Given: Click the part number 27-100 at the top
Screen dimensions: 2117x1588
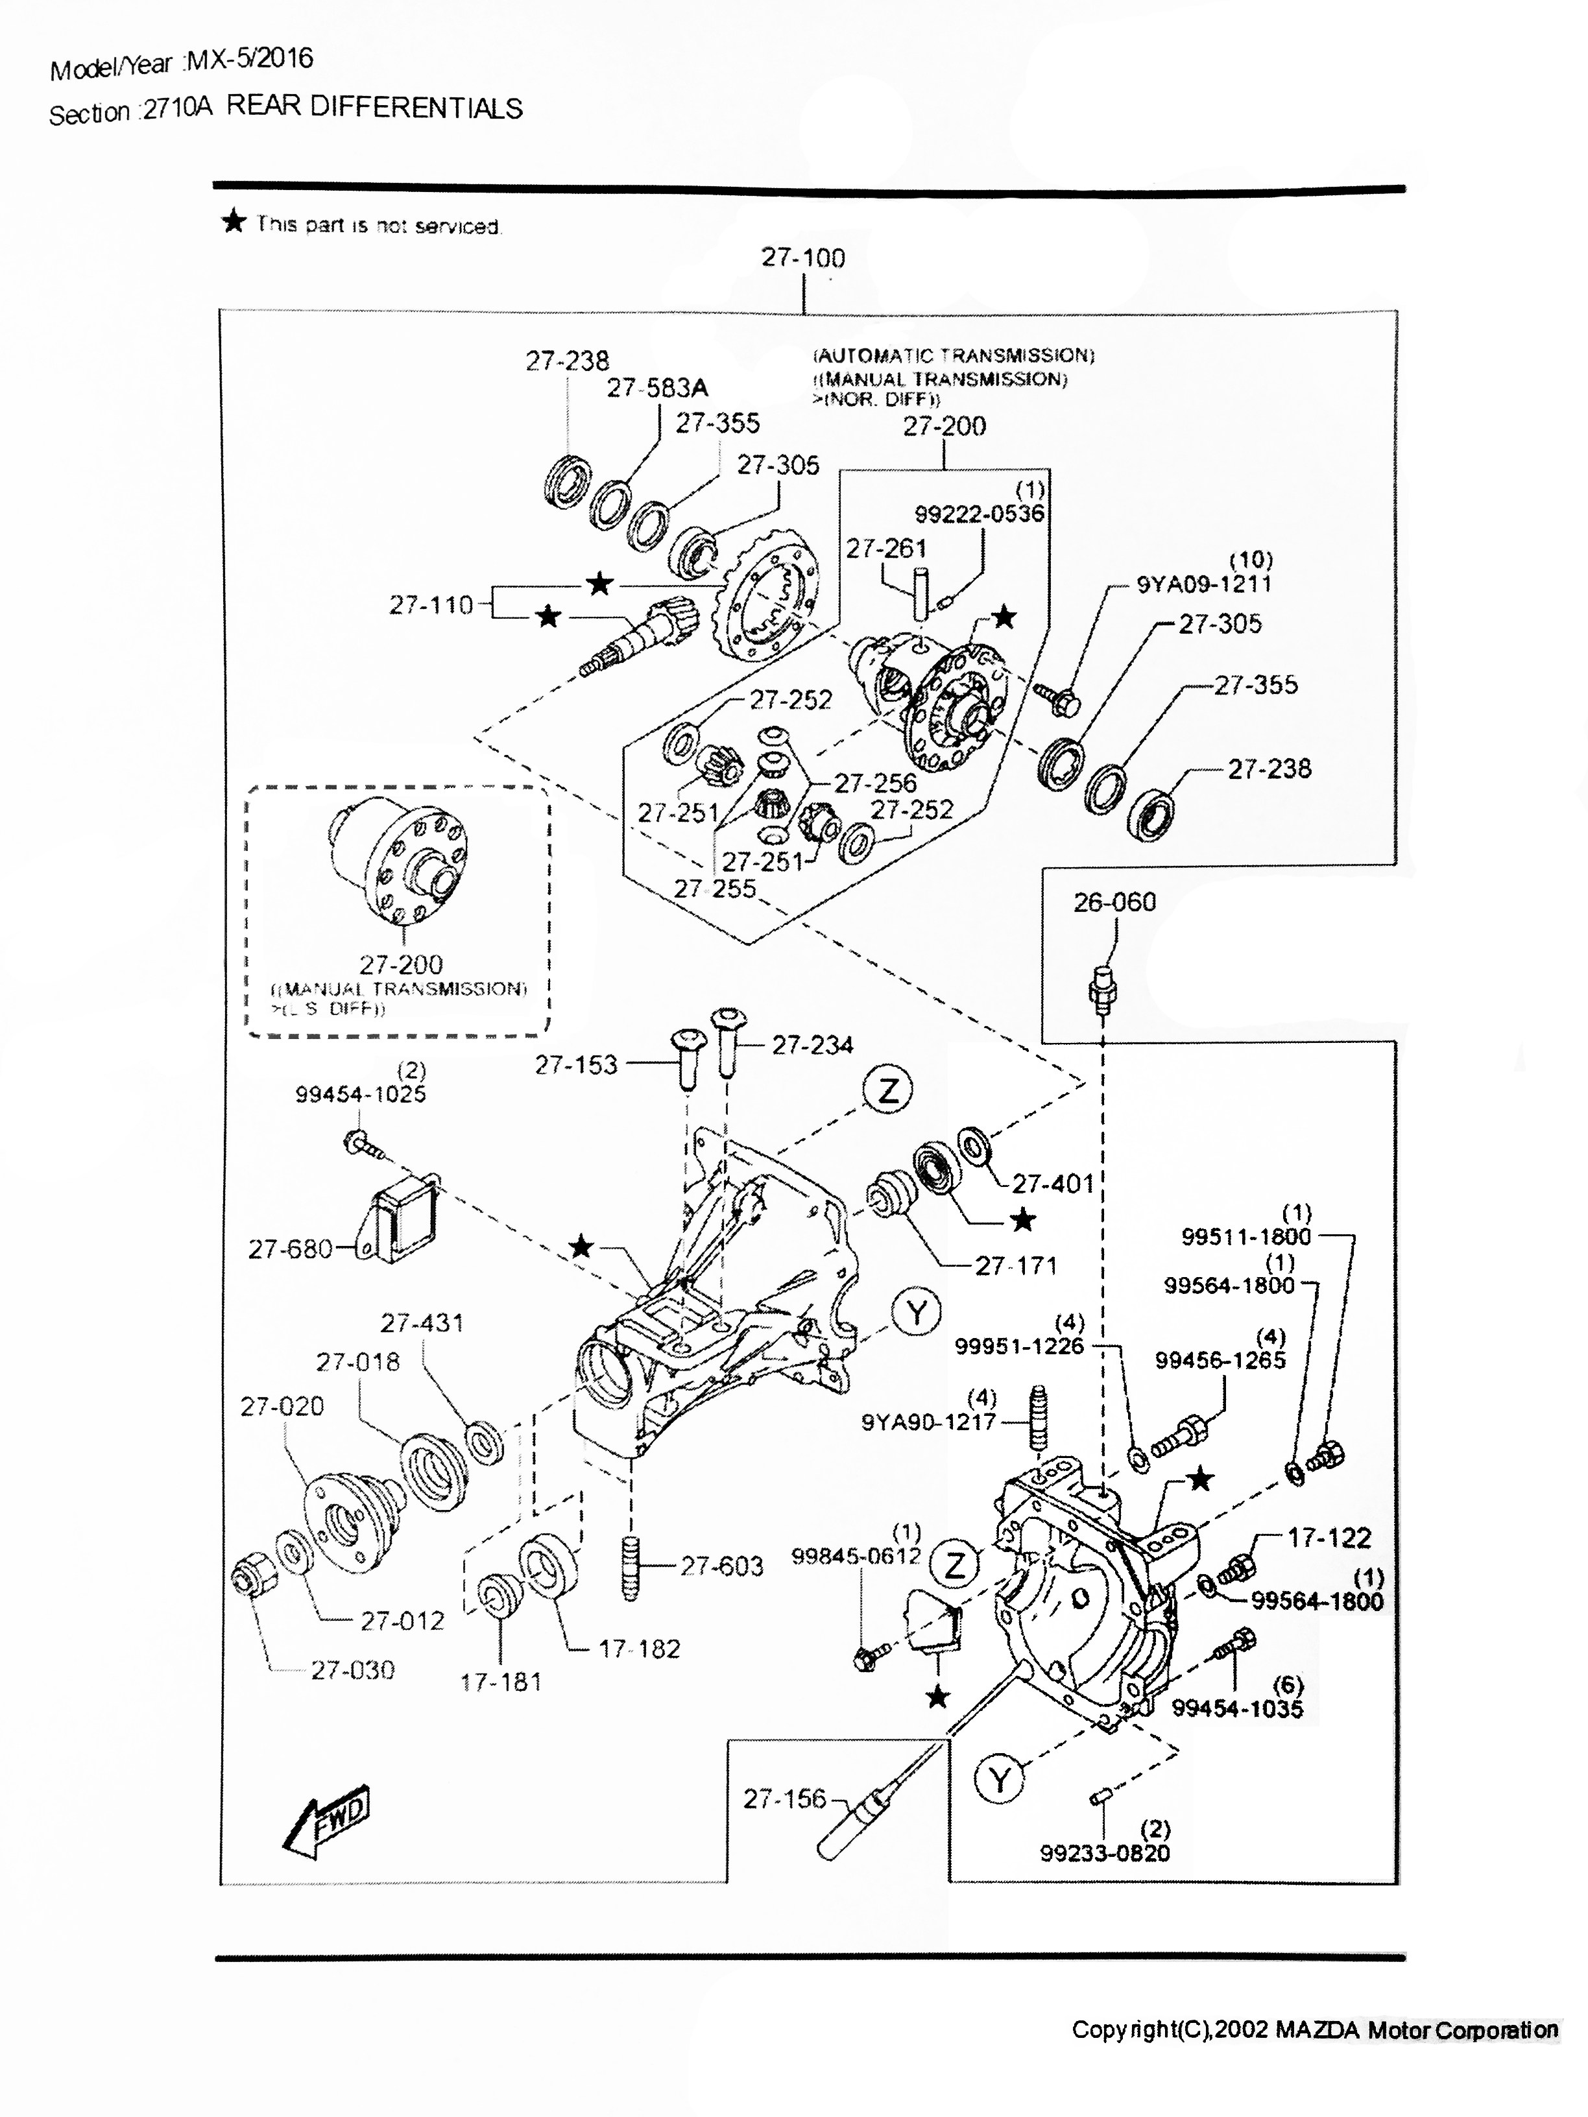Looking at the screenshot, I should (x=803, y=257).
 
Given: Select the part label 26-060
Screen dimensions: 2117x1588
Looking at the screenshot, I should (x=1114, y=902).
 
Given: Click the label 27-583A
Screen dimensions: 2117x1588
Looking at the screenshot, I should (x=658, y=388).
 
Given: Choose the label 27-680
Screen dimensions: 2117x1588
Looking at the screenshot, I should (x=290, y=1249).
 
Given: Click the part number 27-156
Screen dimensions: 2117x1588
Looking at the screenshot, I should (x=784, y=1799).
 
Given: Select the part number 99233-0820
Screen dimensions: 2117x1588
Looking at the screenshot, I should (x=1105, y=1853).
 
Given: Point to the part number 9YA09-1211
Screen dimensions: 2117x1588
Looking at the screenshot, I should (x=1204, y=584).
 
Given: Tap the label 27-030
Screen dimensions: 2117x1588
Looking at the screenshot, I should (x=352, y=1670).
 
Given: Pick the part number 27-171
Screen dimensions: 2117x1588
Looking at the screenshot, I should (x=1016, y=1265).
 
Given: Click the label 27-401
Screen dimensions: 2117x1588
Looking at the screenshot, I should (x=1053, y=1184).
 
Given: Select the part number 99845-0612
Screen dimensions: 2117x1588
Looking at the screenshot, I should (x=856, y=1556).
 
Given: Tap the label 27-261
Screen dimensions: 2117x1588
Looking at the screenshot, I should (x=885, y=549).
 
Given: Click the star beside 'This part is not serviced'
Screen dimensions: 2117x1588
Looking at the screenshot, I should (x=234, y=223).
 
